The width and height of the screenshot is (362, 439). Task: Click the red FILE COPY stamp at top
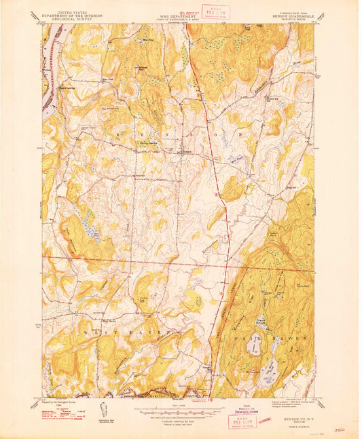(x=219, y=12)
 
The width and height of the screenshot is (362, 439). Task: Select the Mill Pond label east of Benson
(x=236, y=161)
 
